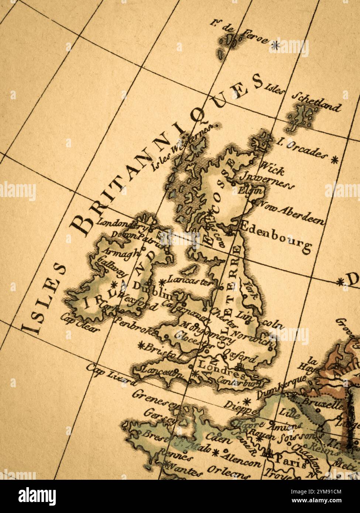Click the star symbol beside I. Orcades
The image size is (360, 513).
pos(335,160)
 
